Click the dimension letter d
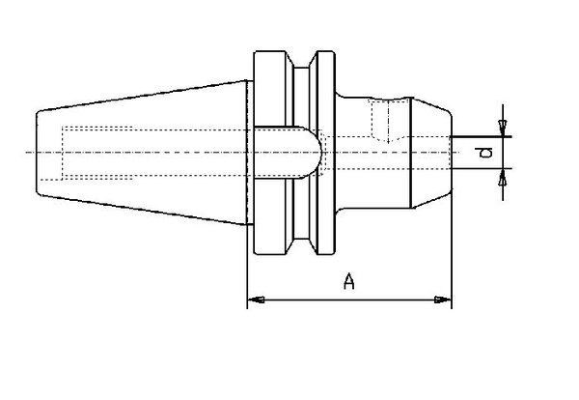(488, 153)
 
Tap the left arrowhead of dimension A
(255, 301)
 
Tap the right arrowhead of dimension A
(445, 301)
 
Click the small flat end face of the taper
(38, 152)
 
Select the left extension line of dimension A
(248, 280)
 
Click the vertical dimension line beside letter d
(502, 152)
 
